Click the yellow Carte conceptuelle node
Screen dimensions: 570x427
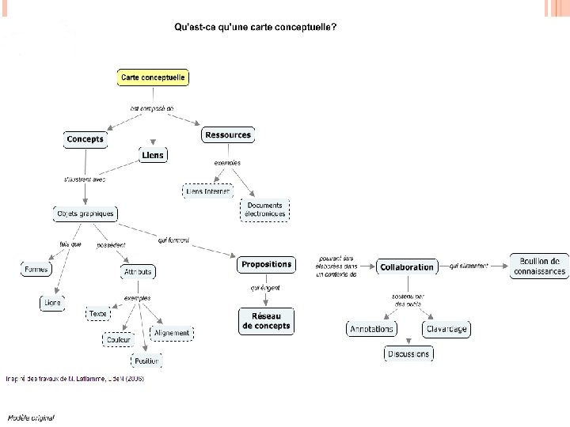pos(154,77)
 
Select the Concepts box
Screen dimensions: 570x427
pos(85,139)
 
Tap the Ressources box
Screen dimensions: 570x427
pos(227,135)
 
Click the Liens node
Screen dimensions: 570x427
pos(152,155)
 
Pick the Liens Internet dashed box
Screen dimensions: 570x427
pos(207,191)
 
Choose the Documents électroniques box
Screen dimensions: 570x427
pos(264,210)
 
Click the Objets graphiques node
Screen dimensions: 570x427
pos(85,213)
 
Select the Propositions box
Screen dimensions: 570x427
pos(266,265)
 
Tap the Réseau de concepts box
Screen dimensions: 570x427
pos(266,320)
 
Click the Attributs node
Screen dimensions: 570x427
pos(138,272)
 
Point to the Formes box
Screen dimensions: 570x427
pos(36,270)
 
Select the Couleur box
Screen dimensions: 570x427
pos(119,339)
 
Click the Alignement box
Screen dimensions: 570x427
pos(172,333)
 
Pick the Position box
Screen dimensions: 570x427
pos(147,361)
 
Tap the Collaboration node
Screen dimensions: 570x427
pos(407,267)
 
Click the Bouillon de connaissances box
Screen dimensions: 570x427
pos(539,266)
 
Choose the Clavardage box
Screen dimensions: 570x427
pos(446,329)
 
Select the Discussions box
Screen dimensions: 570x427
pos(408,354)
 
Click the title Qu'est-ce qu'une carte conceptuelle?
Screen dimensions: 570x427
pos(255,28)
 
